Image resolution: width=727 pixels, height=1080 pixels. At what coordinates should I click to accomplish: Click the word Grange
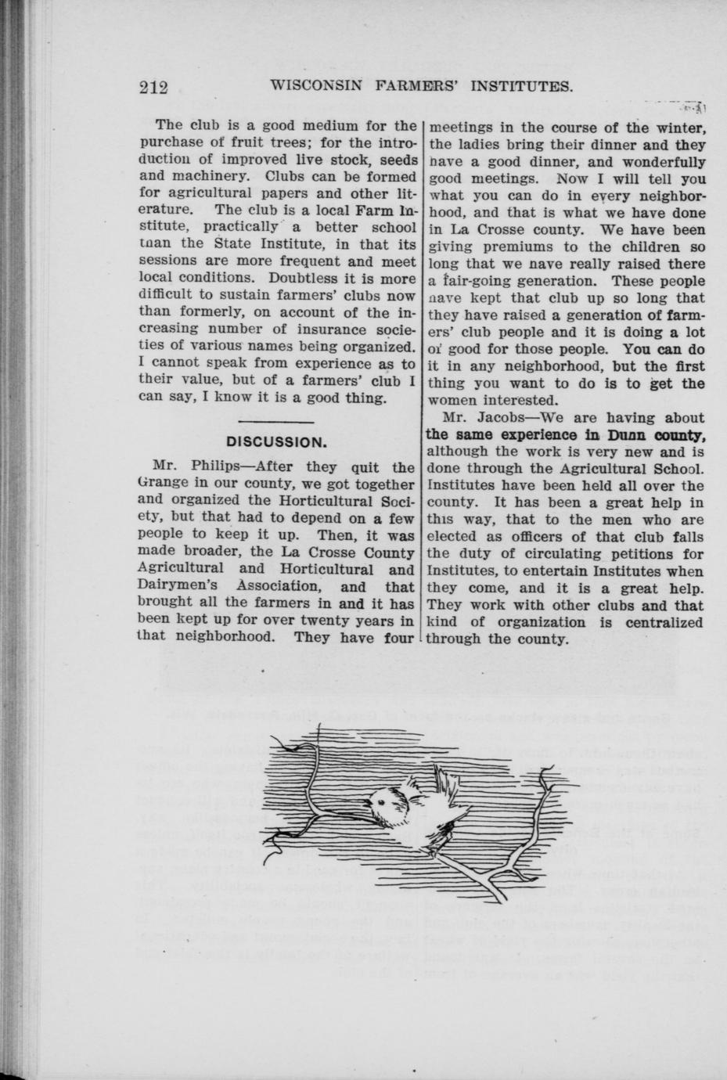pos(163,484)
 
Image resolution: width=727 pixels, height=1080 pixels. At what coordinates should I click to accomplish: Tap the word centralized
pos(664,622)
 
